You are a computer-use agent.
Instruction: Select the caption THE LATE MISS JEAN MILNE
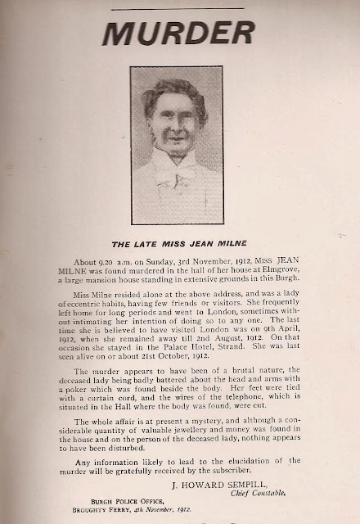[x=180, y=243]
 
